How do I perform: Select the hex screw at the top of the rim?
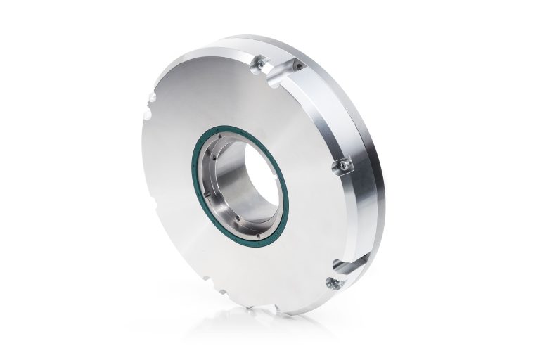[x=261, y=64]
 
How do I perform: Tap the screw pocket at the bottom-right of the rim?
[x=331, y=283]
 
